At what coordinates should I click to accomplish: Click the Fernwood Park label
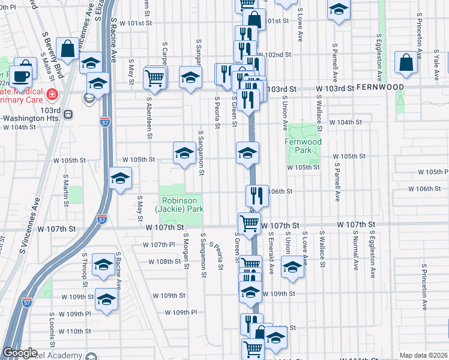[x=303, y=146]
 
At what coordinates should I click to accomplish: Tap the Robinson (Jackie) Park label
[x=180, y=205]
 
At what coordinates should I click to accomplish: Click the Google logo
[x=20, y=353]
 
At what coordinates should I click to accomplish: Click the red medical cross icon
[x=52, y=95]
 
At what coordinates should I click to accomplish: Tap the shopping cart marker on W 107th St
[x=249, y=224]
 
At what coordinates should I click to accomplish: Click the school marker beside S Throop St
[x=104, y=265]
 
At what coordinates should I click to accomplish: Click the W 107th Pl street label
[x=158, y=245]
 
